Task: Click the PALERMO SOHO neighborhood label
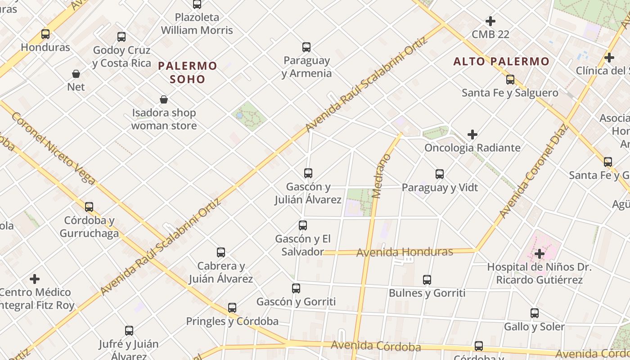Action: (187, 72)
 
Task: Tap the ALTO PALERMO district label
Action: (501, 61)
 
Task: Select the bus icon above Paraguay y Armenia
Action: (306, 47)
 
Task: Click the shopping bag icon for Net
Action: (76, 73)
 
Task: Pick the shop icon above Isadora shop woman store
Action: (164, 99)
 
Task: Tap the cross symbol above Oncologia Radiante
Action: (472, 134)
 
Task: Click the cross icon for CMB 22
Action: (490, 21)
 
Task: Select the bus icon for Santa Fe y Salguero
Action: (510, 80)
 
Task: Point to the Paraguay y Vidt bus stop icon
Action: (440, 174)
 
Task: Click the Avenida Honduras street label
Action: (405, 252)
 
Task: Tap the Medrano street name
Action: (382, 176)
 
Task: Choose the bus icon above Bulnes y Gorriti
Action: (427, 280)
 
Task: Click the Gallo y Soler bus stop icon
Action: (534, 313)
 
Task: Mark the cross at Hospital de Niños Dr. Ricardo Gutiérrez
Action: (539, 254)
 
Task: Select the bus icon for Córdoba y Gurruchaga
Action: (89, 207)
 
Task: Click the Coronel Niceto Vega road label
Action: (53, 148)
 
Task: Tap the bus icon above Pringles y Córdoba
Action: (232, 308)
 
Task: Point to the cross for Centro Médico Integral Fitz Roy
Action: (35, 279)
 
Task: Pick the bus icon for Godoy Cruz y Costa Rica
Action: (121, 37)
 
